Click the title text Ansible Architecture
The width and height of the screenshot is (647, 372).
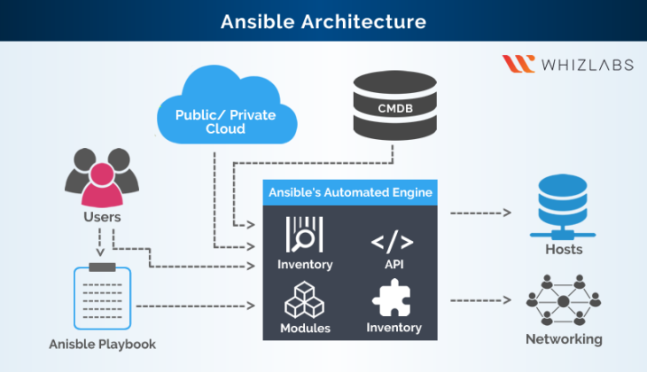pos(323,20)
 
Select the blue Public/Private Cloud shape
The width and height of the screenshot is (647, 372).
pos(225,111)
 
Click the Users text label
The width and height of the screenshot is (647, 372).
pos(102,217)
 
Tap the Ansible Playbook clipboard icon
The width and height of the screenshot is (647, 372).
pos(102,296)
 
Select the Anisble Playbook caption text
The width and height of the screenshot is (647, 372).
pos(102,345)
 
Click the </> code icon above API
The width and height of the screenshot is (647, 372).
pos(392,241)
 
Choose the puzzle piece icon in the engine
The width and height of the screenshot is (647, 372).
pos(394,298)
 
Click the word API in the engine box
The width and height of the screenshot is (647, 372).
pos(392,265)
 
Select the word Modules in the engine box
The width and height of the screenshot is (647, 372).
pos(304,328)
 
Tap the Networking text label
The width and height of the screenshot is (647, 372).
pos(564,339)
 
